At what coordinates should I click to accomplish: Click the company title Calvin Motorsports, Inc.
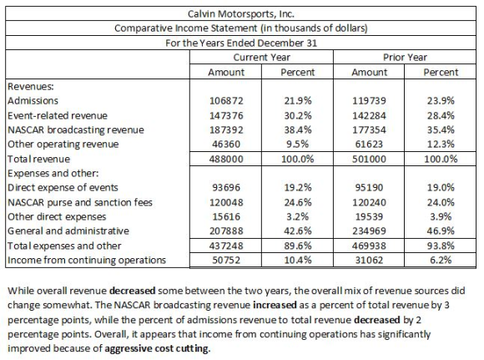[241, 14]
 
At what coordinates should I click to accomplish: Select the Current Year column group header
[261, 57]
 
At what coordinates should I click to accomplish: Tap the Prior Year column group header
[405, 57]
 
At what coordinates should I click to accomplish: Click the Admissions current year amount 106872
[226, 101]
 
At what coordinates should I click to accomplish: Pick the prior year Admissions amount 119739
[369, 101]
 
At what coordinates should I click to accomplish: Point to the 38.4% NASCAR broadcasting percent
[298, 129]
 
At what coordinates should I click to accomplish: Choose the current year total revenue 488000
[226, 159]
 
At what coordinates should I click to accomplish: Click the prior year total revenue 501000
[369, 159]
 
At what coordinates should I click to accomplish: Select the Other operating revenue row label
[63, 145]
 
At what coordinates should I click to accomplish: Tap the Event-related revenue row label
[58, 115]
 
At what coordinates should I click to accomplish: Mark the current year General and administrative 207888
[226, 231]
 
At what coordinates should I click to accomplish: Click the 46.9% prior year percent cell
[441, 231]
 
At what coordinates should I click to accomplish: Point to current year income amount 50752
[226, 260]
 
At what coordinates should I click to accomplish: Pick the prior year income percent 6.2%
[441, 260]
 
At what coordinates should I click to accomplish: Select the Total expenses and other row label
[64, 246]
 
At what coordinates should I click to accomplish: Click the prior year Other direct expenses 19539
[369, 216]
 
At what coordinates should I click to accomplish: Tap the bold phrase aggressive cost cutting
[158, 348]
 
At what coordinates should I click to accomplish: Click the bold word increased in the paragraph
[275, 305]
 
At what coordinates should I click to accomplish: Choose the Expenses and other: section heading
[53, 174]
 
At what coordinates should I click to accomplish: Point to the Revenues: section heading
[31, 87]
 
